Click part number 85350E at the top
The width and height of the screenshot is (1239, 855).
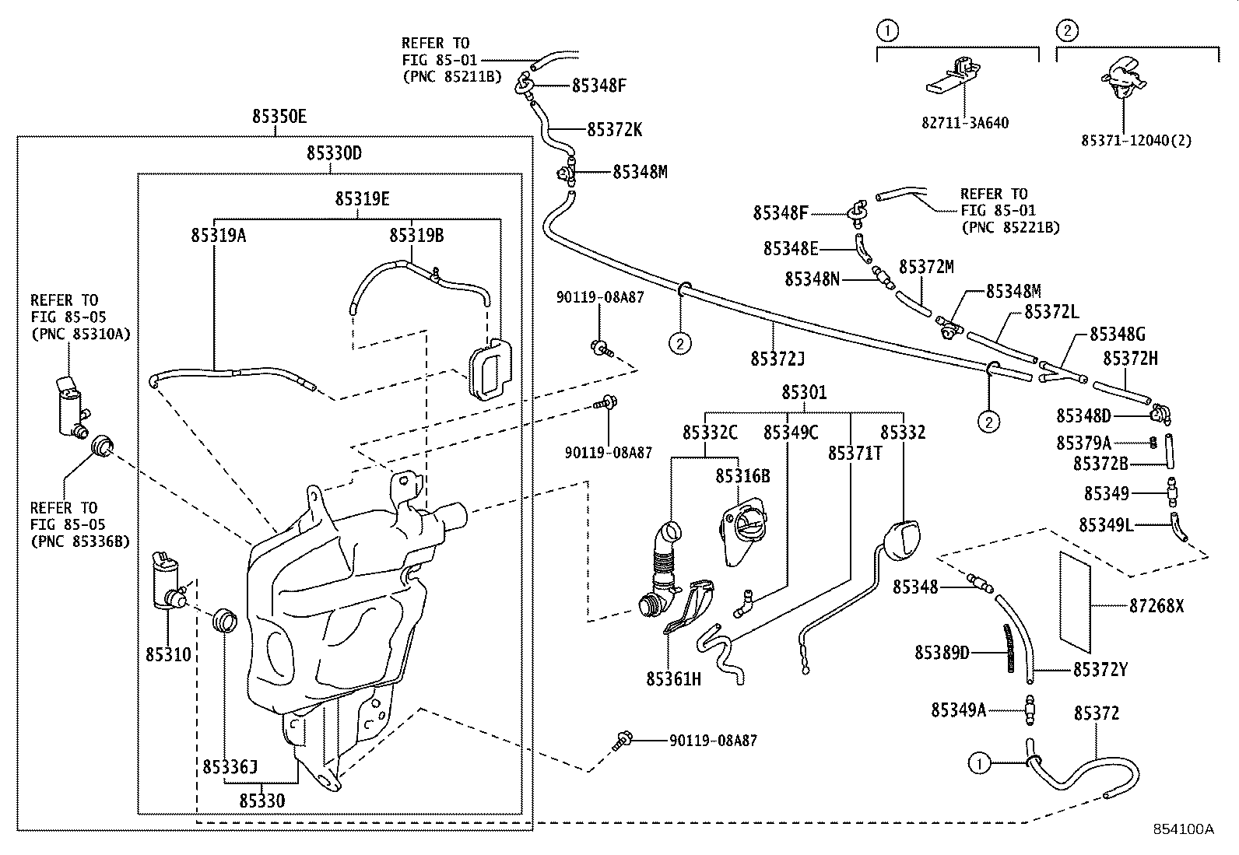click(x=279, y=117)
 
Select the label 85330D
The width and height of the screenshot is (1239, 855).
click(x=333, y=153)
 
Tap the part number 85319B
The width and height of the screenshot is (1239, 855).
click(x=416, y=234)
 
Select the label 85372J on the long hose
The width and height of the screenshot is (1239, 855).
click(x=777, y=358)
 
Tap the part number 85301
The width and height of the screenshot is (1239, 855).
click(x=804, y=393)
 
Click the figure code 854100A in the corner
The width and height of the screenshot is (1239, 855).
click(x=1183, y=829)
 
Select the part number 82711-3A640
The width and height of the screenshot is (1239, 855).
click(x=965, y=122)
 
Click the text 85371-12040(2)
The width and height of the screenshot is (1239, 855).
click(x=1135, y=141)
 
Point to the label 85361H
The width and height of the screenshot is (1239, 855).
click(x=673, y=679)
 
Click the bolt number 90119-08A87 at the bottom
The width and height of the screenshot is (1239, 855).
click(x=713, y=741)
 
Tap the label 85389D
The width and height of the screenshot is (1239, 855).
click(x=942, y=652)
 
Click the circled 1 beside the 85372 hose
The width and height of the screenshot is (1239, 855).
click(x=980, y=764)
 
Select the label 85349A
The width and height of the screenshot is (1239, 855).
click(x=958, y=710)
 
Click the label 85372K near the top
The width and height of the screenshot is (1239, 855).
click(x=614, y=129)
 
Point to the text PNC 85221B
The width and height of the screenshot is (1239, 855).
click(x=1011, y=227)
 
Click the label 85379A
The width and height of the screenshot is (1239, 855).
click(x=1083, y=443)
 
